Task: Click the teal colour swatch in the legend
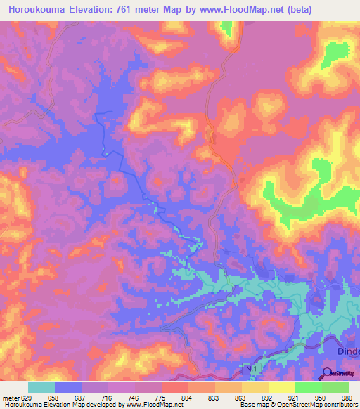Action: click(x=41, y=387)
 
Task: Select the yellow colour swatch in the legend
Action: click(x=281, y=387)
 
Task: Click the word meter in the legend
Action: click(x=10, y=397)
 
